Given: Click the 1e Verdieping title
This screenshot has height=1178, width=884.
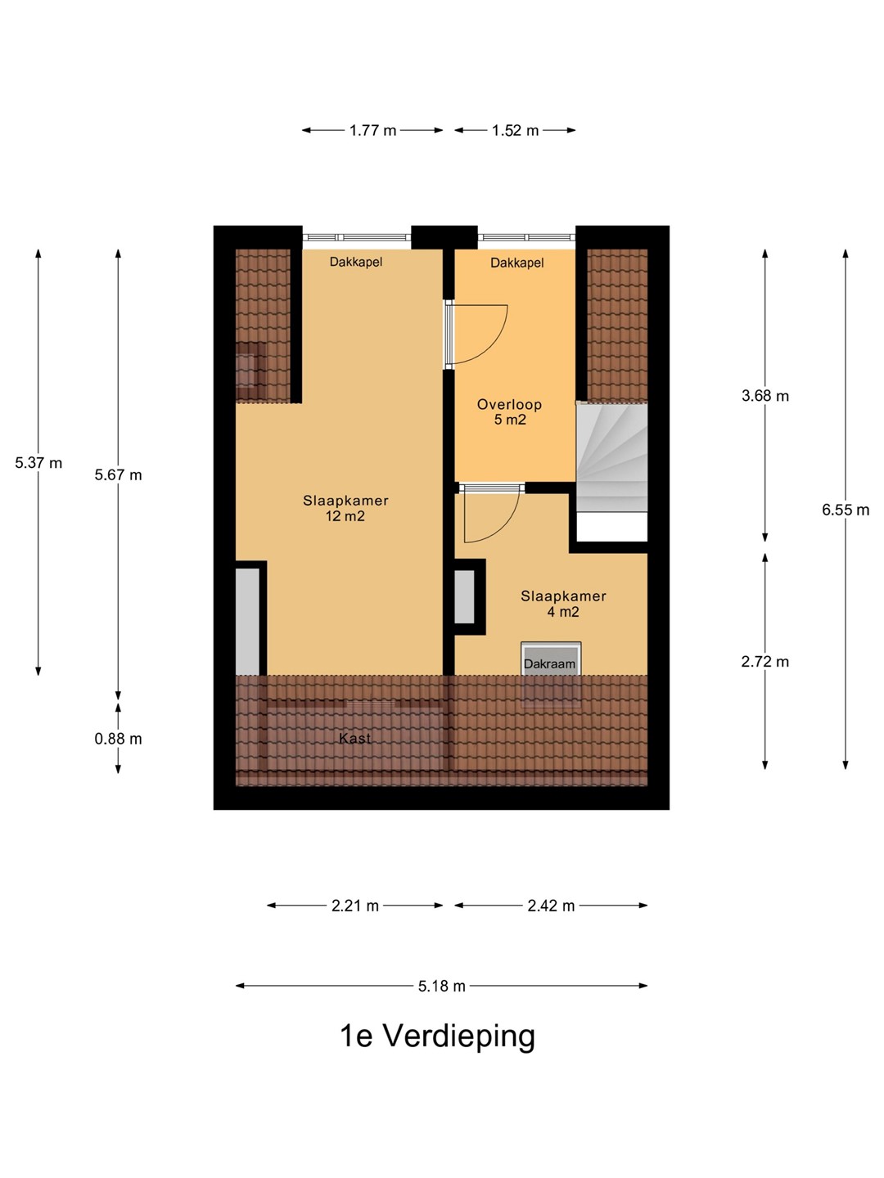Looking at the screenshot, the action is coord(437,1037).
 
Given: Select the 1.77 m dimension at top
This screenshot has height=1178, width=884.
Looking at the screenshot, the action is coord(372,130).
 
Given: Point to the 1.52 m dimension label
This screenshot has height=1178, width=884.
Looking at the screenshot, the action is coord(516,130).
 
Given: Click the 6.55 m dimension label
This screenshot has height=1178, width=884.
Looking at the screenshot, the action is coord(846,510).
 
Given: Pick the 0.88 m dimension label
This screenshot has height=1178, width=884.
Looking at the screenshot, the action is coord(118,739).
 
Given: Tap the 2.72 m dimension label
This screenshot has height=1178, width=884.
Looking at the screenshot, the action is coord(764,662).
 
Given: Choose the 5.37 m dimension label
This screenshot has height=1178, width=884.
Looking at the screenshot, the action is coord(38,463).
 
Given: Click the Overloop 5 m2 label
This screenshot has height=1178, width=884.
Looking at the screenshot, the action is coord(509,412).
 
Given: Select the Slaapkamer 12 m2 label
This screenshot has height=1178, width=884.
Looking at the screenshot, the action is coord(345,508).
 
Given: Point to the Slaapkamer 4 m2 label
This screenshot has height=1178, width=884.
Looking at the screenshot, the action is coord(563,604).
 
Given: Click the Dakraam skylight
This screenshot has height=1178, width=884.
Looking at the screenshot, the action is coord(551,674).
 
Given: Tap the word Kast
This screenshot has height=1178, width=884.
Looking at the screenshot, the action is coord(354,739).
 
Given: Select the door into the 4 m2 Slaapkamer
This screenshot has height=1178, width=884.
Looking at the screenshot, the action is coord(491,514).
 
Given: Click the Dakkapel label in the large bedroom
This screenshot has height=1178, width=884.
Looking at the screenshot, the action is coord(356,263).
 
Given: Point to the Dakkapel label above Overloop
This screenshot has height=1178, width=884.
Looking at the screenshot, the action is coord(516,263).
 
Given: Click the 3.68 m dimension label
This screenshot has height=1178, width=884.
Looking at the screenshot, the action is coord(764,396).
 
